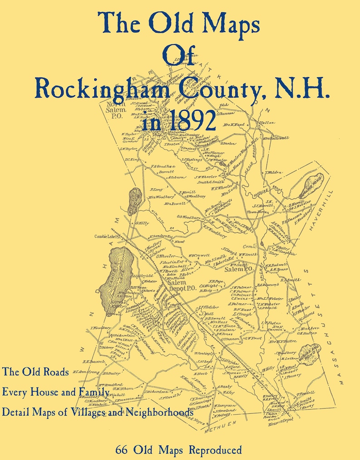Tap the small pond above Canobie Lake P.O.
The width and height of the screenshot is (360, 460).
(x=134, y=201)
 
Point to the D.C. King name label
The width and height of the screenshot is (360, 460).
(x=131, y=159)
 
